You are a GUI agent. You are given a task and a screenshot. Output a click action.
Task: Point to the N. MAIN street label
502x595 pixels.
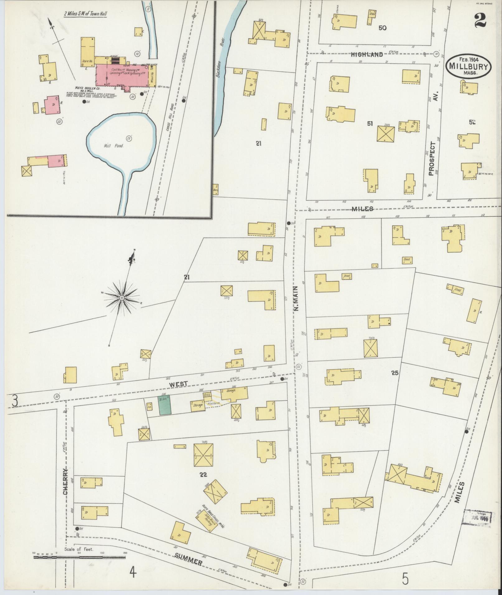coord(296,299)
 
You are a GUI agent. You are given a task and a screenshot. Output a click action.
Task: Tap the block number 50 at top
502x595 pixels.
coord(382,28)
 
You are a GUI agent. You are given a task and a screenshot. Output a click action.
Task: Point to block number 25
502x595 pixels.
coord(395,373)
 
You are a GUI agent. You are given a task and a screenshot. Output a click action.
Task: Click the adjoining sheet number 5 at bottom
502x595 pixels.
coord(405,579)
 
